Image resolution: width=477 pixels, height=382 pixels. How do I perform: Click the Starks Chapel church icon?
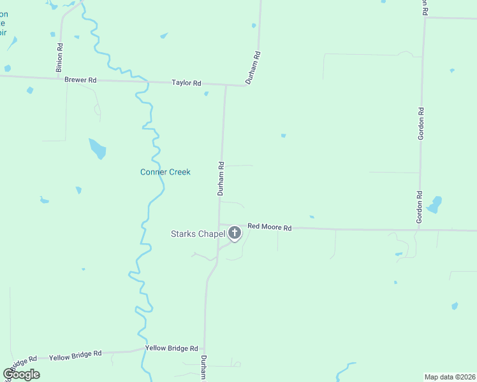click(x=235, y=233)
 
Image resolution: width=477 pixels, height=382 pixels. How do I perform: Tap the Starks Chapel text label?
click(x=198, y=234)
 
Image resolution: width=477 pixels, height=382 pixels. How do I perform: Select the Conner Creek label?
click(x=165, y=172)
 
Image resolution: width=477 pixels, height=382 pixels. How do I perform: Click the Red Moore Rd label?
click(x=269, y=227)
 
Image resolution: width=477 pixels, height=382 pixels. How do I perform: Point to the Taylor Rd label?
click(x=186, y=83)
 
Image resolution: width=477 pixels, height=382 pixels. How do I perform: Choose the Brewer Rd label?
click(x=80, y=80)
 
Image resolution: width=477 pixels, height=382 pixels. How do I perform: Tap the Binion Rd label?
click(x=59, y=57)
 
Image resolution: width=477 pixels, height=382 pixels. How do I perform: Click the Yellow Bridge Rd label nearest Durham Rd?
click(x=172, y=348)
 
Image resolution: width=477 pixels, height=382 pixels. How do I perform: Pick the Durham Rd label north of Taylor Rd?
click(x=253, y=68)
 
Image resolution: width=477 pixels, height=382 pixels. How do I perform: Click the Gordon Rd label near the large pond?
click(x=420, y=207)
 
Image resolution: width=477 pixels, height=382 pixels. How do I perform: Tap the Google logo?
click(x=22, y=374)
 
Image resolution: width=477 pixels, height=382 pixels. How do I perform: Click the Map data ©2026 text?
click(x=450, y=376)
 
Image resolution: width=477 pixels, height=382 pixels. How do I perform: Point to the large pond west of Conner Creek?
click(x=98, y=149)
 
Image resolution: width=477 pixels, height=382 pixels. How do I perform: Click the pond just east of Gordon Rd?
click(x=435, y=204)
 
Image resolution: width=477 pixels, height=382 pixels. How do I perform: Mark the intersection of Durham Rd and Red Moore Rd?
click(x=219, y=225)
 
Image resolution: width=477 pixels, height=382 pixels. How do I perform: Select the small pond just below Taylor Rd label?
click(x=206, y=94)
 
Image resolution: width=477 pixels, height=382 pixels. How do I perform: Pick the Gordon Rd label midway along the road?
click(x=422, y=124)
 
